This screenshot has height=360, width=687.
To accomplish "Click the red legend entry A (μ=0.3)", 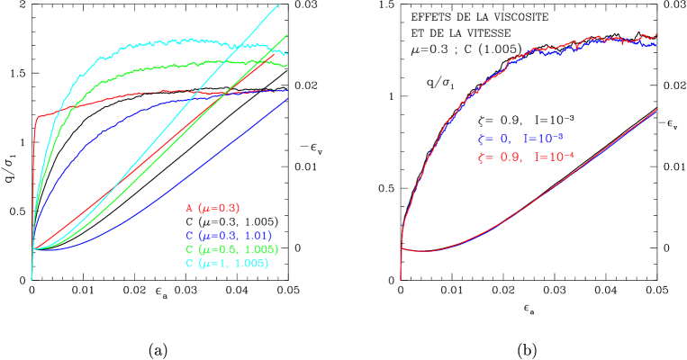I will [x=212, y=208].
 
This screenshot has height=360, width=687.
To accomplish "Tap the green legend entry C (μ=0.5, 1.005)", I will [x=231, y=249].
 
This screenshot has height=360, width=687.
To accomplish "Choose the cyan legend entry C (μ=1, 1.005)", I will [x=227, y=263].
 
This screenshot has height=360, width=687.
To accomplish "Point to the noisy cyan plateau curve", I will [x=162, y=42].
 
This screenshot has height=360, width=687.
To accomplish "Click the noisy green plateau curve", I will [x=180, y=64].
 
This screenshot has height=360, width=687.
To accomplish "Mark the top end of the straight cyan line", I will [x=279, y=4].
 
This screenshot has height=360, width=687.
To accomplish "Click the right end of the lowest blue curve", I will [x=287, y=98].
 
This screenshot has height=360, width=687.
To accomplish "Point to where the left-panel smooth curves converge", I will [x=33, y=248].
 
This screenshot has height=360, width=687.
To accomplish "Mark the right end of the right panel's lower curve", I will [x=656, y=110].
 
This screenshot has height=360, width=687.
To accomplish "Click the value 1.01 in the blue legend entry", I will [x=259, y=236].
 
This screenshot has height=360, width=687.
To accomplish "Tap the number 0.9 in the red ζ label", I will [x=509, y=157].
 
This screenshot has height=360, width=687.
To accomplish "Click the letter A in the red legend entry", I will [x=189, y=208].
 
